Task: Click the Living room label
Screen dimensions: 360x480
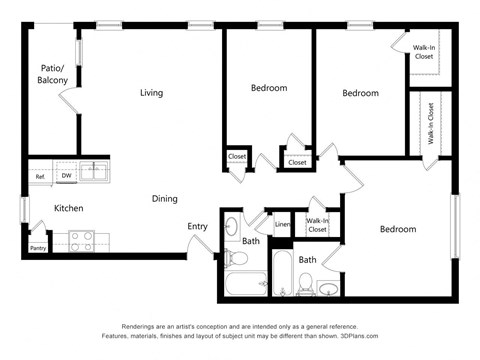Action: tap(151, 93)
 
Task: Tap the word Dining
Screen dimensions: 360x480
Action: tap(165, 199)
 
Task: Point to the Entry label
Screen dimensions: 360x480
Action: tap(198, 226)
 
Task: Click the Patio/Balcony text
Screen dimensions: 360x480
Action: tap(53, 74)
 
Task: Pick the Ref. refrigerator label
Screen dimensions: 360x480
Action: tap(41, 177)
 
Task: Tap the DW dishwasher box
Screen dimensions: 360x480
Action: tap(66, 176)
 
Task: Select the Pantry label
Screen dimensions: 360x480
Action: tap(38, 248)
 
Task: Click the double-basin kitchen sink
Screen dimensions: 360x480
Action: tap(95, 171)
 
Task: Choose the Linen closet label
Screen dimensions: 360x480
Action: tap(282, 224)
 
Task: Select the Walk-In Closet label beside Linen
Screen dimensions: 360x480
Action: tap(317, 225)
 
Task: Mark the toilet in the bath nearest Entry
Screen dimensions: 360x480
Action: tap(238, 258)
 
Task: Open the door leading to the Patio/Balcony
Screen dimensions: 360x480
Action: tap(69, 99)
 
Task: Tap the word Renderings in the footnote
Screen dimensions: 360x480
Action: tap(142, 326)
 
